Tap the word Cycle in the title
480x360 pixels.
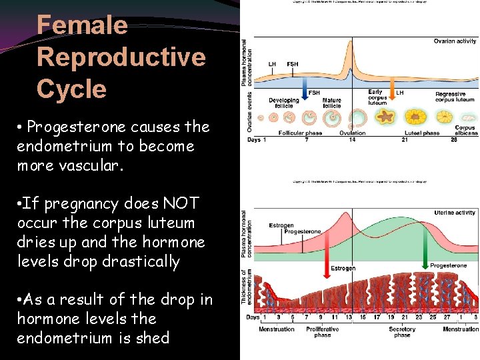(x=71, y=89)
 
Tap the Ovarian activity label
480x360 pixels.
(x=455, y=41)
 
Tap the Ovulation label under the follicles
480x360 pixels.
(x=351, y=133)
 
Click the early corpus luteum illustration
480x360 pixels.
(x=384, y=118)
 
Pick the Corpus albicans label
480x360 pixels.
(x=465, y=130)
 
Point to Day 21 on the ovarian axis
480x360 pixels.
(x=405, y=140)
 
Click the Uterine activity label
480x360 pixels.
(x=455, y=213)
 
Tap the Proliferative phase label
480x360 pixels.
(x=323, y=332)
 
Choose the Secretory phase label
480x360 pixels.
(x=402, y=332)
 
